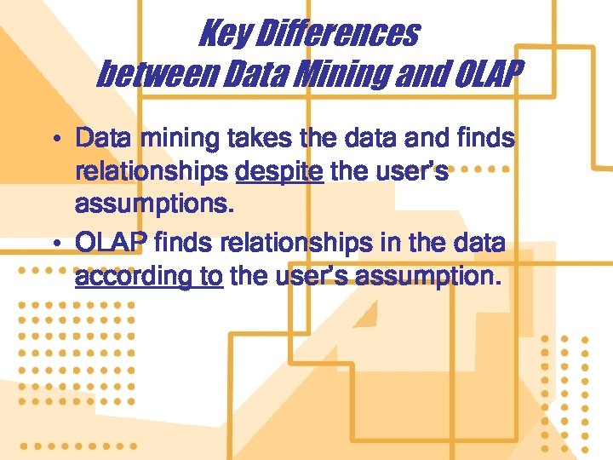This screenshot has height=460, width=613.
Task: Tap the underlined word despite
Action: tap(279, 173)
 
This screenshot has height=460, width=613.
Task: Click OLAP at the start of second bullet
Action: tap(112, 243)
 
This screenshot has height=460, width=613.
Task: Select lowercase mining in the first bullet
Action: tap(170, 138)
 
